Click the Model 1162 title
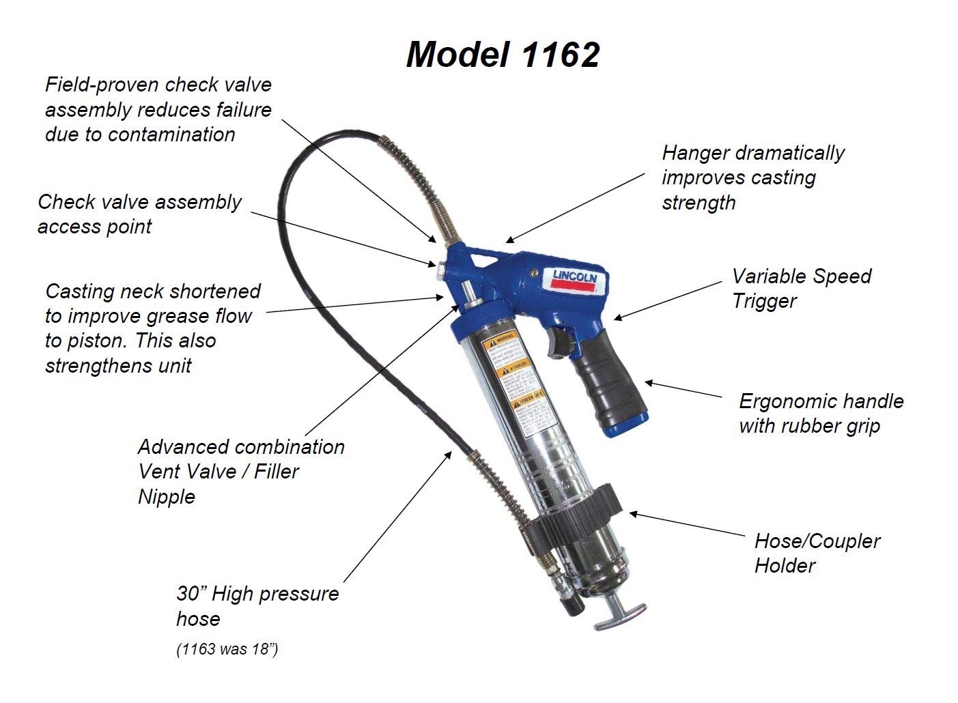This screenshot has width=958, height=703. click(x=503, y=54)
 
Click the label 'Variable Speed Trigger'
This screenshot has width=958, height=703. click(x=801, y=288)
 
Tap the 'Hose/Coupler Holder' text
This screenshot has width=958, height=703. click(x=817, y=553)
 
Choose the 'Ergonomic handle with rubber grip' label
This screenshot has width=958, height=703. click(x=821, y=413)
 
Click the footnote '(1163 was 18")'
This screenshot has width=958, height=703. click(x=227, y=649)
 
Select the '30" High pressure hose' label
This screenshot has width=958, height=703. click(x=257, y=605)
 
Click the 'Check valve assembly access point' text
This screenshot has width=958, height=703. click(x=139, y=214)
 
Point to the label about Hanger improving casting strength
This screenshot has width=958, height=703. click(x=752, y=177)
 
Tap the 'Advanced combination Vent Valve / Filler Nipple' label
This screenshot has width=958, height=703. click(x=240, y=471)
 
